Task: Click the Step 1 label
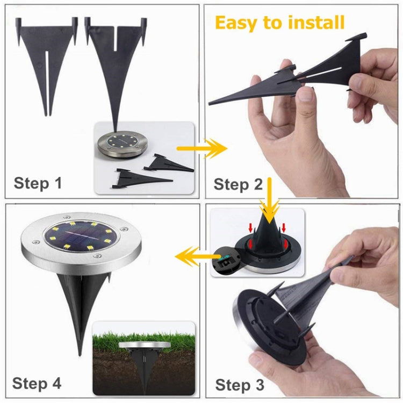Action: pos(38,183)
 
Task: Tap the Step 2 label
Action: pos(238,184)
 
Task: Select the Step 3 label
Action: pos(240,385)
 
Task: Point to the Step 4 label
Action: pos(37,383)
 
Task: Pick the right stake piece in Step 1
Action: pos(116,59)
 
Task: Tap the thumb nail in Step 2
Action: pos(305,95)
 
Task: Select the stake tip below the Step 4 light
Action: pos(81,344)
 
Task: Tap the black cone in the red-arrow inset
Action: pos(269,231)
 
